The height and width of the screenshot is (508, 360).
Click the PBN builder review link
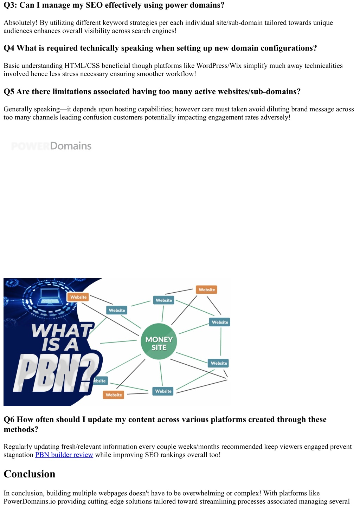click(64, 455)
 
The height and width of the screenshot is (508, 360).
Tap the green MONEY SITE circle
click(159, 341)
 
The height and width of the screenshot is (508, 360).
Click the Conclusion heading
click(30, 474)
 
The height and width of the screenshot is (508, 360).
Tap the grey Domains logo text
click(71, 146)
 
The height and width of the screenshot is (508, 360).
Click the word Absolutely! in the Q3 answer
click(20, 23)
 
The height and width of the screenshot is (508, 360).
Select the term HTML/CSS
click(82, 66)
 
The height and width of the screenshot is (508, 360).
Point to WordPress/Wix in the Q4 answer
click(219, 66)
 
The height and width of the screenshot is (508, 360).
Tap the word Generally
click(18, 109)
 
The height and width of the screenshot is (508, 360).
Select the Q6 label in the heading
click(9, 419)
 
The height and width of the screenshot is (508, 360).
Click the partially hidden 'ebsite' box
click(100, 381)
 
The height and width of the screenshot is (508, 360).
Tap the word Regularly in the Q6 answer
click(18, 447)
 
